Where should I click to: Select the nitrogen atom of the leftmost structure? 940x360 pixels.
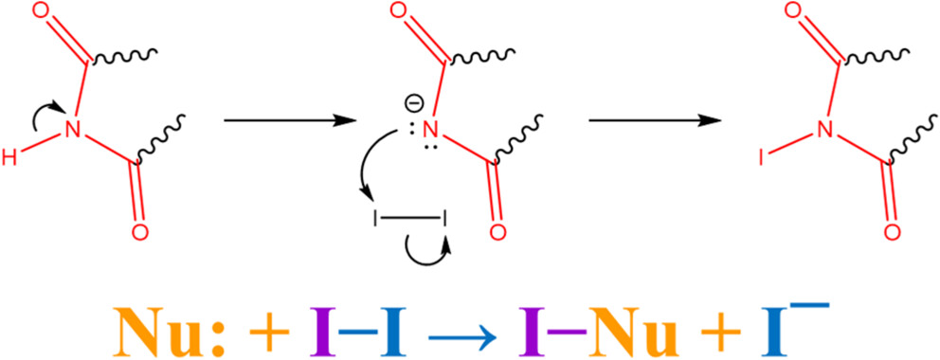click(73, 128)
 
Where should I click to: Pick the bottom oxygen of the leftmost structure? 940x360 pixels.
click(139, 232)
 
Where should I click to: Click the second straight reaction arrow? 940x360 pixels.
click(656, 120)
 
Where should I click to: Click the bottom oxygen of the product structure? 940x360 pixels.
click(893, 232)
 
